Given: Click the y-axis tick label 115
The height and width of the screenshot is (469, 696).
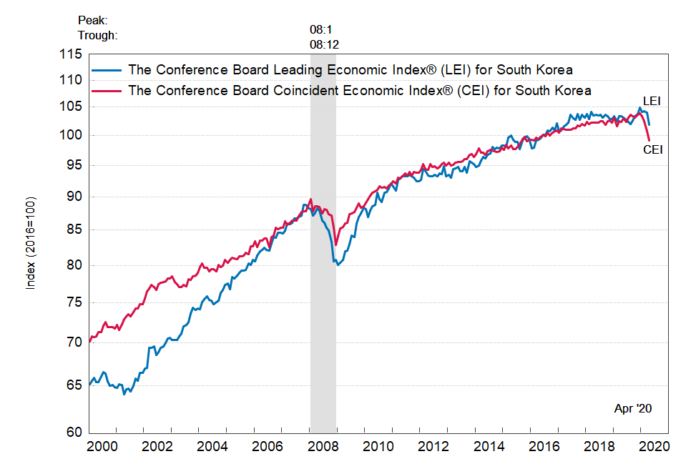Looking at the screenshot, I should pyautogui.click(x=72, y=54).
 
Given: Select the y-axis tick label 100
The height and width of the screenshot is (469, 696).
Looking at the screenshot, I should pyautogui.click(x=72, y=135).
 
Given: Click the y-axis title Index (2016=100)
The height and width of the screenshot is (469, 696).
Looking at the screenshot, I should pyautogui.click(x=30, y=242).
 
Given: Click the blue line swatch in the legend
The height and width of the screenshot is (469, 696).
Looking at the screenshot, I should pyautogui.click(x=107, y=70).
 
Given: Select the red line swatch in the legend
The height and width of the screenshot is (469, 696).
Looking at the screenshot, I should pyautogui.click(x=107, y=91).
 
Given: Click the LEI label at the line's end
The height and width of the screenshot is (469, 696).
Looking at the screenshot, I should pyautogui.click(x=651, y=101).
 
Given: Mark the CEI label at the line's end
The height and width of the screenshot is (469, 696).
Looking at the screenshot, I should pyautogui.click(x=652, y=149).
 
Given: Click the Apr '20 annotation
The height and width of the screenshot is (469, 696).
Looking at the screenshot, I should pyautogui.click(x=633, y=408).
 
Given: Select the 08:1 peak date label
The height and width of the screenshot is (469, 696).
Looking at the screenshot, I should pyautogui.click(x=321, y=30).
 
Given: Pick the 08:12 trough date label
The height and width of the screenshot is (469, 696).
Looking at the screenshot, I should pyautogui.click(x=324, y=44).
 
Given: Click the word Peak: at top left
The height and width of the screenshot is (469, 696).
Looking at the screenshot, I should pyautogui.click(x=93, y=21).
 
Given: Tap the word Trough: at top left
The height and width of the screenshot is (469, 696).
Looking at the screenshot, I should pyautogui.click(x=97, y=35).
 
